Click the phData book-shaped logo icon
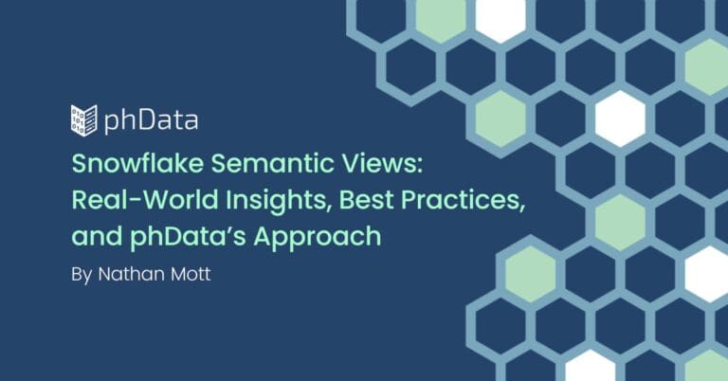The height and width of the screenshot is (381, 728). coord(84,120)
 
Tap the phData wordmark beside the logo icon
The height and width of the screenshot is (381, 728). coord(151,120)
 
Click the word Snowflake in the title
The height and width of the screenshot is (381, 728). coord(137,163)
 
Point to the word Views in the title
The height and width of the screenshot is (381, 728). coord(377,163)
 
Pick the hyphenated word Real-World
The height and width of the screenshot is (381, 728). coord(145,200)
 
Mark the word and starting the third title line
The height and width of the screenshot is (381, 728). coord(97,236)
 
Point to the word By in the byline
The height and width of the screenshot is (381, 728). coord(82,275)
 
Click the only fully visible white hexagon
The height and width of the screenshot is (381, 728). coord(620,118)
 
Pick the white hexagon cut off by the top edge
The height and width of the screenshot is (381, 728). coord(500,19)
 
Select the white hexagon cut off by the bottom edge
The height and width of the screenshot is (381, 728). coord(591,366)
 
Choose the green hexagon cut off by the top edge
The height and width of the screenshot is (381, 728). coord(440,19)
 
